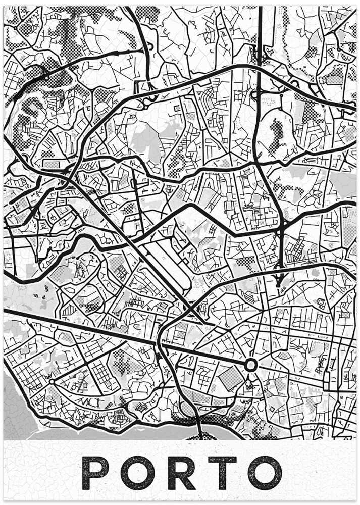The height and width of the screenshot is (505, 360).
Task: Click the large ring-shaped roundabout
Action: pyautogui.click(x=251, y=364)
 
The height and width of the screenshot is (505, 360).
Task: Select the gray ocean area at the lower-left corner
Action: pyautogui.click(x=15, y=404)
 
